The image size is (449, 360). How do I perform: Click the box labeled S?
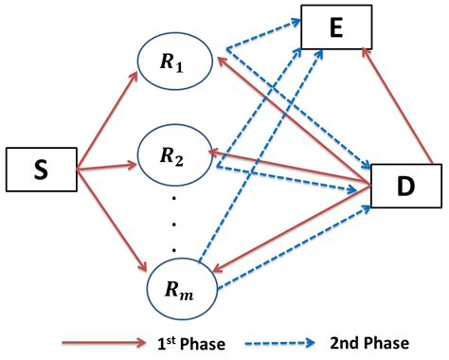pyautogui.click(x=39, y=171)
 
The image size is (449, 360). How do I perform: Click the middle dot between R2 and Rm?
pyautogui.click(x=174, y=224)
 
